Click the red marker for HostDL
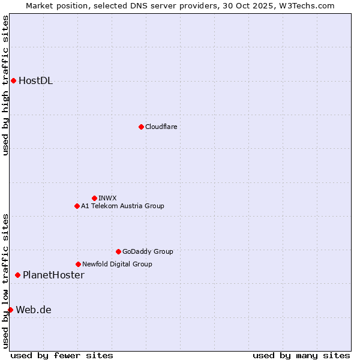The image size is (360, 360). (x=13, y=81)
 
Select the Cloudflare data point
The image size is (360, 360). (x=141, y=127)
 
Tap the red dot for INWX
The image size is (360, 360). (x=94, y=198)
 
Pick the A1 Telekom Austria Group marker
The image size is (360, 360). (x=77, y=206)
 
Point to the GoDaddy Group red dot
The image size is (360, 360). (x=118, y=251)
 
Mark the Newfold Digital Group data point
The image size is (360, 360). (x=78, y=264)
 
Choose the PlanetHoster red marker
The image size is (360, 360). (x=17, y=275)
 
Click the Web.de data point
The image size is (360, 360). (x=10, y=310)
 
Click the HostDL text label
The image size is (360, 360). (x=35, y=81)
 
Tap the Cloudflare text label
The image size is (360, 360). (x=161, y=127)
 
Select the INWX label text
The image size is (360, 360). (x=107, y=198)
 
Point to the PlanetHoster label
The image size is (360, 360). (x=53, y=275)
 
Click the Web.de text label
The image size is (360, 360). (x=34, y=310)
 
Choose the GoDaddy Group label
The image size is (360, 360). (x=148, y=251)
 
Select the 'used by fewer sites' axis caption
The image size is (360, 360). (x=62, y=355)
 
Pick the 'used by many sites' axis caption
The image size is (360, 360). (x=301, y=355)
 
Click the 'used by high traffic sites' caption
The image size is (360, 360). (x=5, y=85)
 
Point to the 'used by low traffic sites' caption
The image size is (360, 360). (x=5, y=280)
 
